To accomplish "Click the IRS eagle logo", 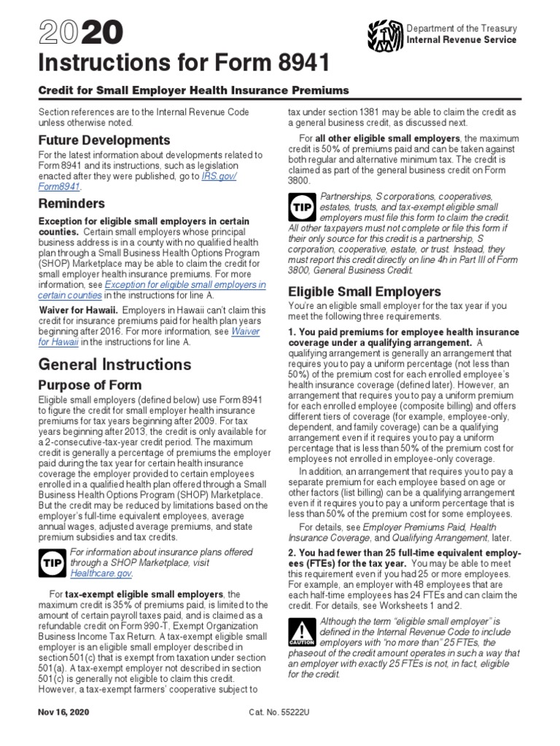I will (x=386, y=34).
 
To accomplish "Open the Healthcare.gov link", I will (x=92, y=573).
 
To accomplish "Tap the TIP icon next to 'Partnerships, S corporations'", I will (x=301, y=208).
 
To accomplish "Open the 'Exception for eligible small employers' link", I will (x=185, y=284).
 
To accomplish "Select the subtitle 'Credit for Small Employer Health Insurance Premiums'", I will (x=193, y=90).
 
